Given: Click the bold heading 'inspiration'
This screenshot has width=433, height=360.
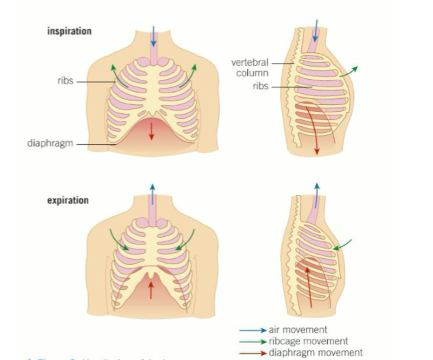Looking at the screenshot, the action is point(69,32).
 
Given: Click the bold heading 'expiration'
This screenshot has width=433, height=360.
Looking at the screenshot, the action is point(68,201).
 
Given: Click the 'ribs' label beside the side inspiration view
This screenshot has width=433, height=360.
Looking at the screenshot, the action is point(261,86).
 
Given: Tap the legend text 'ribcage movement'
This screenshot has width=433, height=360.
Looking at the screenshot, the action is point(307,341).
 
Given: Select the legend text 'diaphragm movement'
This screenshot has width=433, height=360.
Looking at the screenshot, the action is point(315,352).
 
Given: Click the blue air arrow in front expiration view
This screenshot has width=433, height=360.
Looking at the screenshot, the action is point(152,195).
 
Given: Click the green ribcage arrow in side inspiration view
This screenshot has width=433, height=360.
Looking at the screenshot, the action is point(349,72).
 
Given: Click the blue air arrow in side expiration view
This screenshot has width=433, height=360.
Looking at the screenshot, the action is point(317,195).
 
